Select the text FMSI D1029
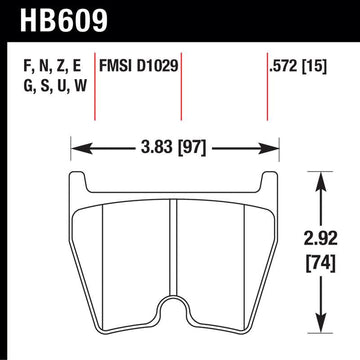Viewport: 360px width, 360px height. point(138,66)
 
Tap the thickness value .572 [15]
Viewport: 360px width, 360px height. point(297,67)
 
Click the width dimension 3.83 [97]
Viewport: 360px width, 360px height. point(173,147)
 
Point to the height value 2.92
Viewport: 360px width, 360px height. point(321,239)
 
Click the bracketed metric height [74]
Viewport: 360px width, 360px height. point(321,264)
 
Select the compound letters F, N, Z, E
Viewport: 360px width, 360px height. point(52,67)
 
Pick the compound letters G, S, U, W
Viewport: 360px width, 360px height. point(55,86)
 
